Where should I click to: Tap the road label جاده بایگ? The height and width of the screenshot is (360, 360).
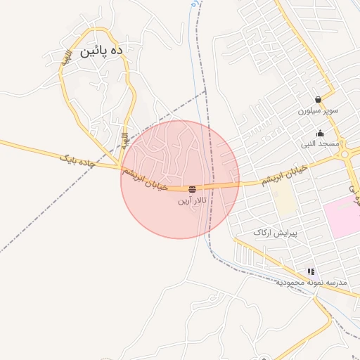coord(75,161)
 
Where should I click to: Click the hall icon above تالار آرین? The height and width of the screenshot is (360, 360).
coord(192,188)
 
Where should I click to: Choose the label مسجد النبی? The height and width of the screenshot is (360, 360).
coord(320,144)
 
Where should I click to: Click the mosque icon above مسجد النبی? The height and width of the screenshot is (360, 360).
coord(320,133)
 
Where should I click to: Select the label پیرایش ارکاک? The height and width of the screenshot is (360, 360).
coord(276,233)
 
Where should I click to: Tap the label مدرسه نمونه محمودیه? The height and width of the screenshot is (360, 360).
coord(310,282)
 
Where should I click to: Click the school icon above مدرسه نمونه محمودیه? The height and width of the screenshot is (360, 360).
coord(310,271)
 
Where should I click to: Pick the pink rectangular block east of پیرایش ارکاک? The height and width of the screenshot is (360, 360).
coord(343,217)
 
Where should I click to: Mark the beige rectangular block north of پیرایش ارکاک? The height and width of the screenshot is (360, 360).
coord(284,200)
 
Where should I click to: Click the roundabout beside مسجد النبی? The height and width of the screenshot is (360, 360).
coord(352,167)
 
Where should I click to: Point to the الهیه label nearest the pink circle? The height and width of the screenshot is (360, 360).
coord(124,140)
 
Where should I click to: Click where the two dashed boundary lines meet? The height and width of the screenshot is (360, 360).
coord(205,91)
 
